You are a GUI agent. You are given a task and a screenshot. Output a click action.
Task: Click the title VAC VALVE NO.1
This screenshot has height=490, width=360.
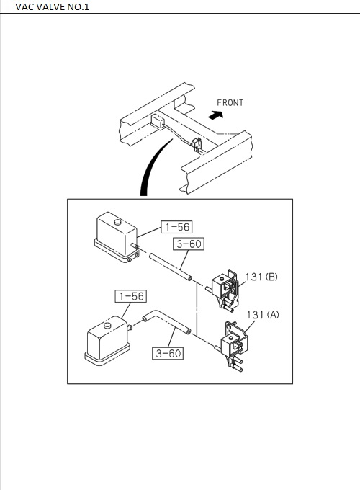pyautogui.click(x=52, y=7)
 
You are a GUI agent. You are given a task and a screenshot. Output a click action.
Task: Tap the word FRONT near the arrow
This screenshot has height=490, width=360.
pyautogui.click(x=230, y=103)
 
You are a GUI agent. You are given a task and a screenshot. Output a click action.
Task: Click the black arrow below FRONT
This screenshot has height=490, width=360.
pyautogui.click(x=216, y=115)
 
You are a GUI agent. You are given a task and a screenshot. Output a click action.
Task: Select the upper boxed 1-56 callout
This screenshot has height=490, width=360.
pyautogui.click(x=176, y=227)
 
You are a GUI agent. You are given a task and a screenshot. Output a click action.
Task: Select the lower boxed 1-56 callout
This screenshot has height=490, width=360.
pyautogui.click(x=131, y=296)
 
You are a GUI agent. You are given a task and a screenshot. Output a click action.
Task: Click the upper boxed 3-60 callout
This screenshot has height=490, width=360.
pyautogui.click(x=189, y=244)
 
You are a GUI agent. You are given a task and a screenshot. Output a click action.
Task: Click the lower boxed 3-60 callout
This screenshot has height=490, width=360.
pyautogui.click(x=168, y=353)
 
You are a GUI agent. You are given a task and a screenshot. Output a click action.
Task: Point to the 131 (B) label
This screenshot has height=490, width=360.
pyautogui.click(x=261, y=277)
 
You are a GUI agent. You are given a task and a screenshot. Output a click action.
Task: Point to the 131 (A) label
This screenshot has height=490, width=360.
pyautogui.click(x=263, y=315)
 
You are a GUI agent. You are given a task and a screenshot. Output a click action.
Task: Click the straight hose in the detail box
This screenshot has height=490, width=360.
pyautogui.click(x=171, y=267)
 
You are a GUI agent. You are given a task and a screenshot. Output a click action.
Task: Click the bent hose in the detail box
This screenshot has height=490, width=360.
pyautogui.click(x=166, y=322)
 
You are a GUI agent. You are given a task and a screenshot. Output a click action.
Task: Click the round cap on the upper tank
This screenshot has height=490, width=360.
pyautogui.click(x=117, y=222)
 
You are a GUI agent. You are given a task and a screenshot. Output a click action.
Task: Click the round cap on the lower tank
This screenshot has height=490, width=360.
pyautogui.click(x=107, y=325)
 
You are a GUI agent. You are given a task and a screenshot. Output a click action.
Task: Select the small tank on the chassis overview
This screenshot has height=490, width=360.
pyautogui.click(x=158, y=122)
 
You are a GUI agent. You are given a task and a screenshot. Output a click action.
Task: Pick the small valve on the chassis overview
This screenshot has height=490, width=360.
pyautogui.click(x=197, y=144)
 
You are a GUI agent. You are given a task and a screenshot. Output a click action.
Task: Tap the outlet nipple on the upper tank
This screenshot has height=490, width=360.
pyautogui.click(x=135, y=246)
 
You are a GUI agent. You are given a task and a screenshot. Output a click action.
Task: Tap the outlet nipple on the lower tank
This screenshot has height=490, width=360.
pyautogui.click(x=130, y=327)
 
